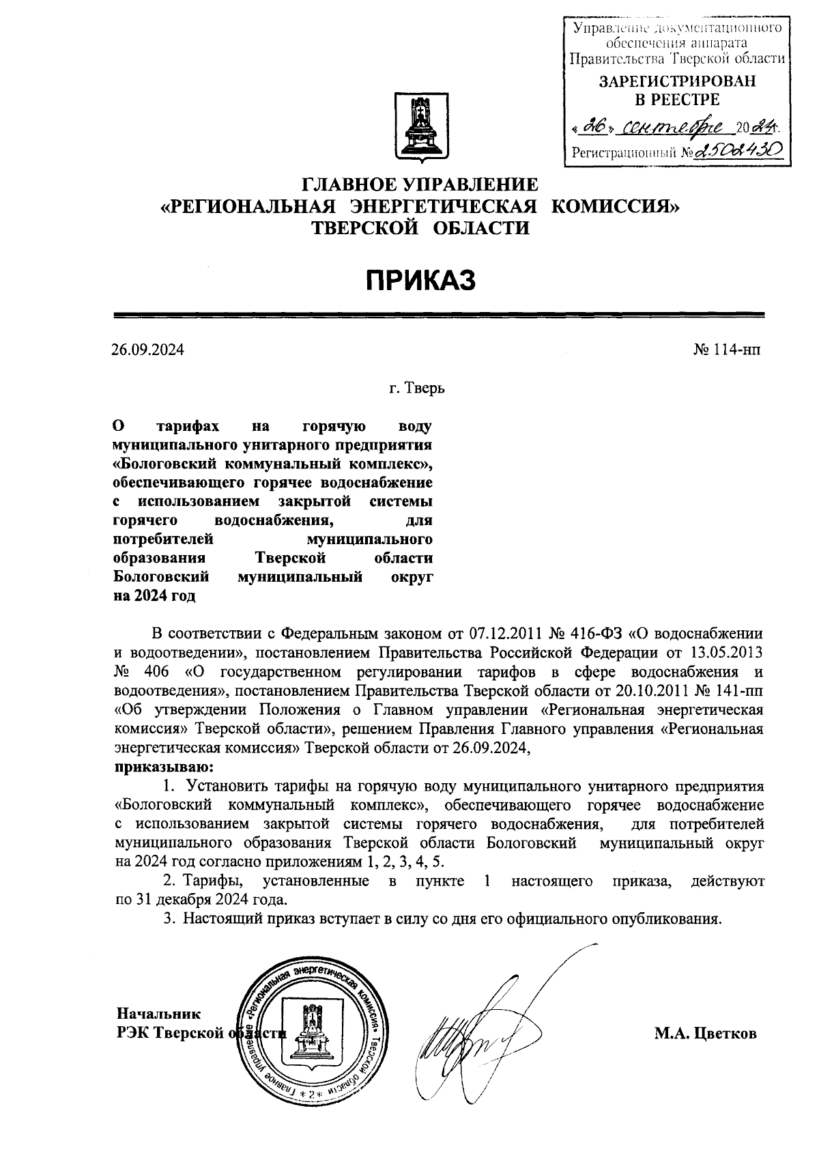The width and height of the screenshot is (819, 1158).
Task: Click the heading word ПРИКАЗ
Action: click(420, 280)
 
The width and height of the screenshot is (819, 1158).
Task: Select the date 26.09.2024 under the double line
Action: click(148, 350)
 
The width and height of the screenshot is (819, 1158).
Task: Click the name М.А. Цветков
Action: click(706, 1034)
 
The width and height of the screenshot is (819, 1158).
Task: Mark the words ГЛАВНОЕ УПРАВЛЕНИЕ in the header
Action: click(420, 185)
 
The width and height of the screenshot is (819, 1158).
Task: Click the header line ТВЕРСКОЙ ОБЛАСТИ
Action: click(420, 229)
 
